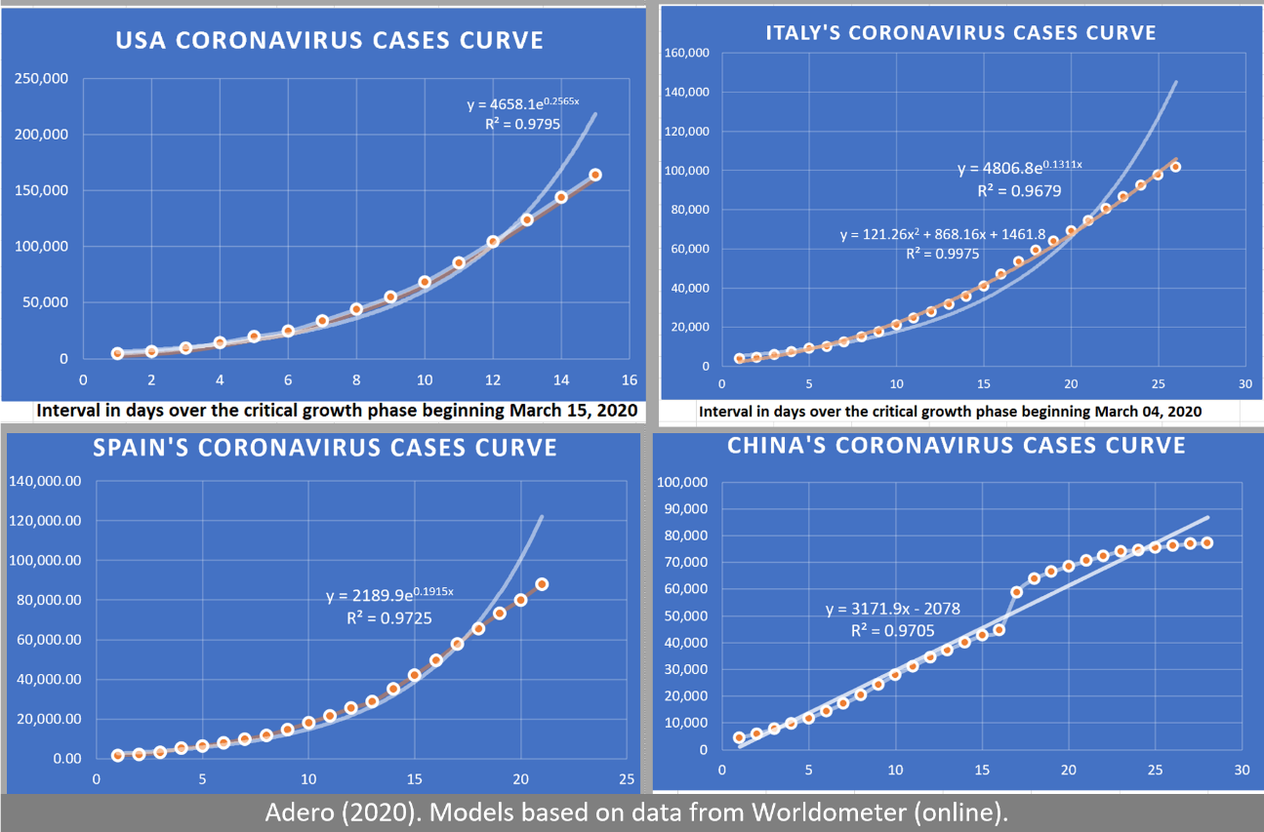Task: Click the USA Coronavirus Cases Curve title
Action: pyautogui.click(x=330, y=41)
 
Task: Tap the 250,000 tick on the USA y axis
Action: pyautogui.click(x=41, y=78)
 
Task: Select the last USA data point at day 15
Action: pyautogui.click(x=595, y=175)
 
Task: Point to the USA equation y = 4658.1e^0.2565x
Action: pyautogui.click(x=523, y=103)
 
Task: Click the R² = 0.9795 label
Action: pyautogui.click(x=522, y=124)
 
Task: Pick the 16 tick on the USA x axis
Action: pyautogui.click(x=630, y=380)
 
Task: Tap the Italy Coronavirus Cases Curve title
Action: pyautogui.click(x=960, y=33)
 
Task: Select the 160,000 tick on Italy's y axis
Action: pyautogui.click(x=687, y=53)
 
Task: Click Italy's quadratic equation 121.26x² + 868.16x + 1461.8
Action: pyautogui.click(x=942, y=234)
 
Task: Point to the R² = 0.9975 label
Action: pyautogui.click(x=942, y=254)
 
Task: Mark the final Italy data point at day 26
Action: pyautogui.click(x=1175, y=167)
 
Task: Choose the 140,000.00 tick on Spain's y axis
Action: pyautogui.click(x=45, y=481)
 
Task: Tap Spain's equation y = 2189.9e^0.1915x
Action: pyautogui.click(x=389, y=595)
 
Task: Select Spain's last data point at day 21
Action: pyautogui.click(x=542, y=584)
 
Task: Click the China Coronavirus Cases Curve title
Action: pyautogui.click(x=956, y=446)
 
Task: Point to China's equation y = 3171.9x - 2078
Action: pyautogui.click(x=893, y=610)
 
